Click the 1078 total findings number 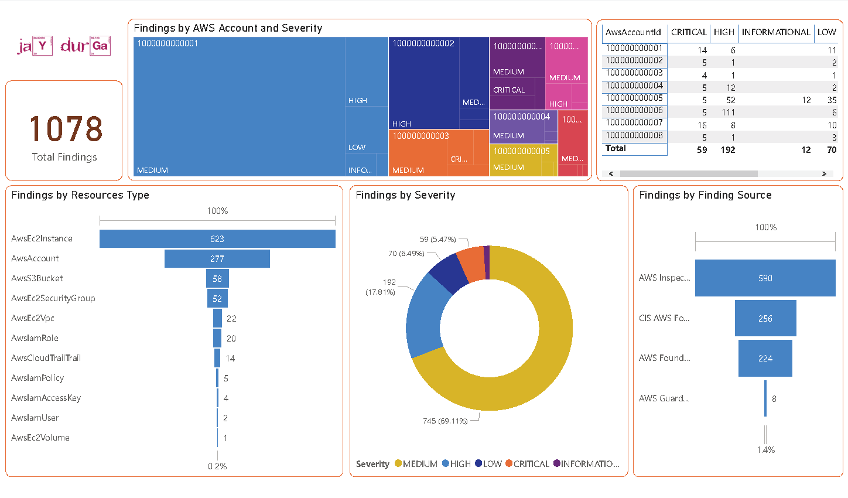65,129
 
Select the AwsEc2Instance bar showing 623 217,238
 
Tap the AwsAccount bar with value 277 217,258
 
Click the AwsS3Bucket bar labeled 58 217,278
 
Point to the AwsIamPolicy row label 37,378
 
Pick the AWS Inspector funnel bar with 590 765,278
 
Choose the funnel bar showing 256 765,318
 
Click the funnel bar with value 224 765,358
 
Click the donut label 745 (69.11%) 445,421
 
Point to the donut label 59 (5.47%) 437,239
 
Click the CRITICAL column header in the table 689,32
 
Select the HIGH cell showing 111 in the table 728,112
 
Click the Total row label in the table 616,148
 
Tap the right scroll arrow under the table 824,173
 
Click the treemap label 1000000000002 423,43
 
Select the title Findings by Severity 405,195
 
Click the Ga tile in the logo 100,46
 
